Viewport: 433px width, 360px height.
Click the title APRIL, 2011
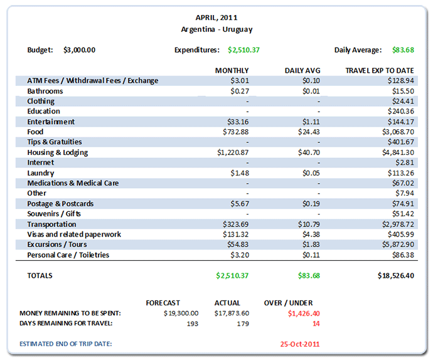(216, 18)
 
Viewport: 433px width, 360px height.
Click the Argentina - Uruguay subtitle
(216, 29)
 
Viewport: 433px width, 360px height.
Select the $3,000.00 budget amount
(80, 50)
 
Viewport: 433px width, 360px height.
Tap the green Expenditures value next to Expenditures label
(243, 50)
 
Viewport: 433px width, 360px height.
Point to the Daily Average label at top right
(358, 50)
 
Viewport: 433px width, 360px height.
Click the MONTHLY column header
(232, 70)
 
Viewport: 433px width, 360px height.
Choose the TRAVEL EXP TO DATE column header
(380, 70)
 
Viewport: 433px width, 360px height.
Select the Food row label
(35, 132)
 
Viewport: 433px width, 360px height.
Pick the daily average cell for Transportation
(308, 224)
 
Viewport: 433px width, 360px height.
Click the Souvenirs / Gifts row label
(54, 214)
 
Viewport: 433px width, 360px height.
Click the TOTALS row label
(40, 275)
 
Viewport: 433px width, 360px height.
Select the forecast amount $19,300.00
(181, 313)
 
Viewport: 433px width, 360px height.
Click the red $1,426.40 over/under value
(303, 313)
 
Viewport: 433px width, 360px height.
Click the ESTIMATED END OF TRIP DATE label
(69, 344)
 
